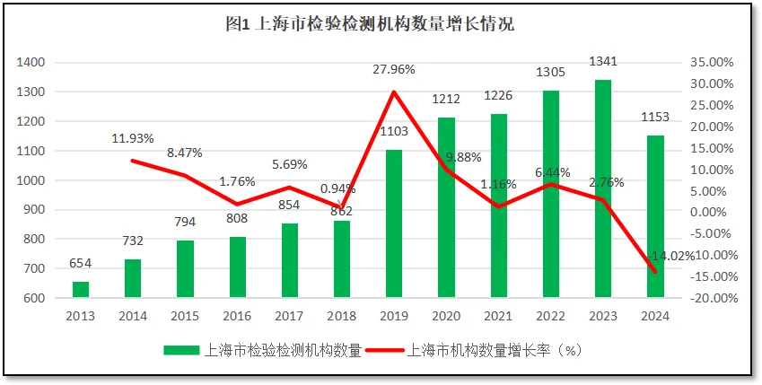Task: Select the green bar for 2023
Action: [603, 188]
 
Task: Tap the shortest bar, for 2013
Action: [81, 289]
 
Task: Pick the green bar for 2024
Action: [655, 215]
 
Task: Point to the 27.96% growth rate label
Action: [395, 68]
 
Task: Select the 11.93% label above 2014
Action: [133, 138]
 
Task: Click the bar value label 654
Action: [81, 263]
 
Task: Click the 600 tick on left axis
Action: [34, 298]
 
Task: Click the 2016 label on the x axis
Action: [238, 316]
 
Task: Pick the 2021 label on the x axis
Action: [499, 316]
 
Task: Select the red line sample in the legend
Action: [385, 351]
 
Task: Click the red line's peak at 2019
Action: [394, 92]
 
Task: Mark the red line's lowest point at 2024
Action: [655, 272]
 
